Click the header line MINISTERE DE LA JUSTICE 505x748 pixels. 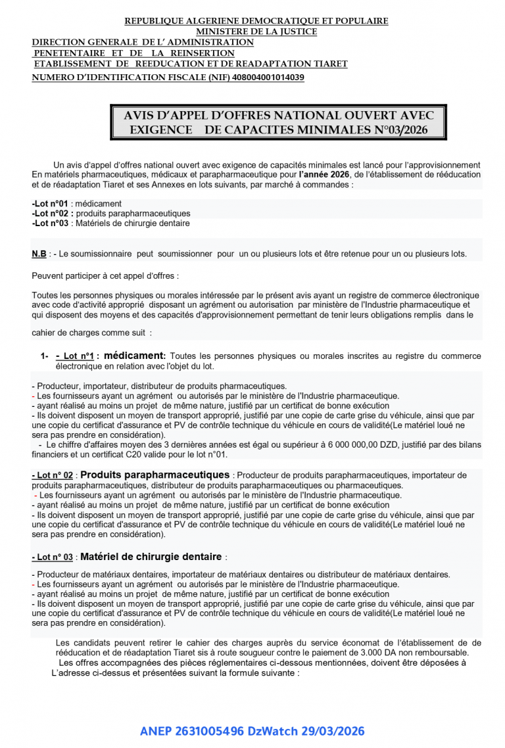[x=256, y=32]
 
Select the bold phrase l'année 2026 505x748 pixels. [x=324, y=175]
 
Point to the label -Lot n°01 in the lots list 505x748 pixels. [x=50, y=204]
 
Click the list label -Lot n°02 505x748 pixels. [x=50, y=214]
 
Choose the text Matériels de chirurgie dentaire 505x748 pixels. [x=133, y=223]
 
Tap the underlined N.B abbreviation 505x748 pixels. [x=39, y=254]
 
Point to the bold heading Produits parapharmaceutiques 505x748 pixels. [x=155, y=475]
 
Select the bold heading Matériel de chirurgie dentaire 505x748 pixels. [x=151, y=557]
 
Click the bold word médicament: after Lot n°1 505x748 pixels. [x=135, y=356]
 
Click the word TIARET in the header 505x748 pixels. [x=329, y=64]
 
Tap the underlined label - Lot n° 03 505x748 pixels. [x=53, y=557]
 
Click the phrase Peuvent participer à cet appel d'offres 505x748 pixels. [x=105, y=275]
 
